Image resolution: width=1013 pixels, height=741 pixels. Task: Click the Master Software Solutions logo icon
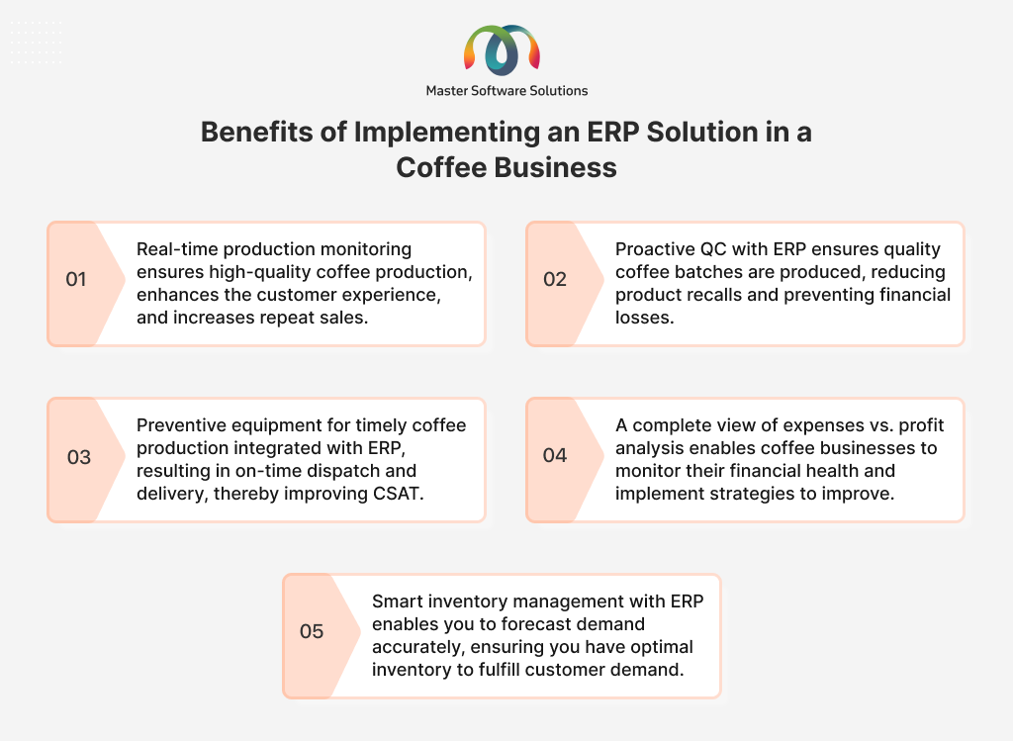point(502,51)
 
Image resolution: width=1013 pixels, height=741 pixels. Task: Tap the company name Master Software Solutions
point(506,91)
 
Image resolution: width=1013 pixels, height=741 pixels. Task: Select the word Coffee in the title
point(440,167)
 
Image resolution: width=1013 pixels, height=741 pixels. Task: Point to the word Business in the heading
point(556,167)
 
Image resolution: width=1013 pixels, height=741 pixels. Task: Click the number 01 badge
point(75,279)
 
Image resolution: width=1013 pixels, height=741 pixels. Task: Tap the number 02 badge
point(554,279)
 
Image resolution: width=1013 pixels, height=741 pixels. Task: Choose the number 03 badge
point(79,457)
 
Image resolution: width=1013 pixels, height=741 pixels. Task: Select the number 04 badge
point(554,455)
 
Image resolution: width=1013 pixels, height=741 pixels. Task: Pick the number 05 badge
point(312,631)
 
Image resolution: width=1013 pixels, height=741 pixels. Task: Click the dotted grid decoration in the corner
point(37,42)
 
